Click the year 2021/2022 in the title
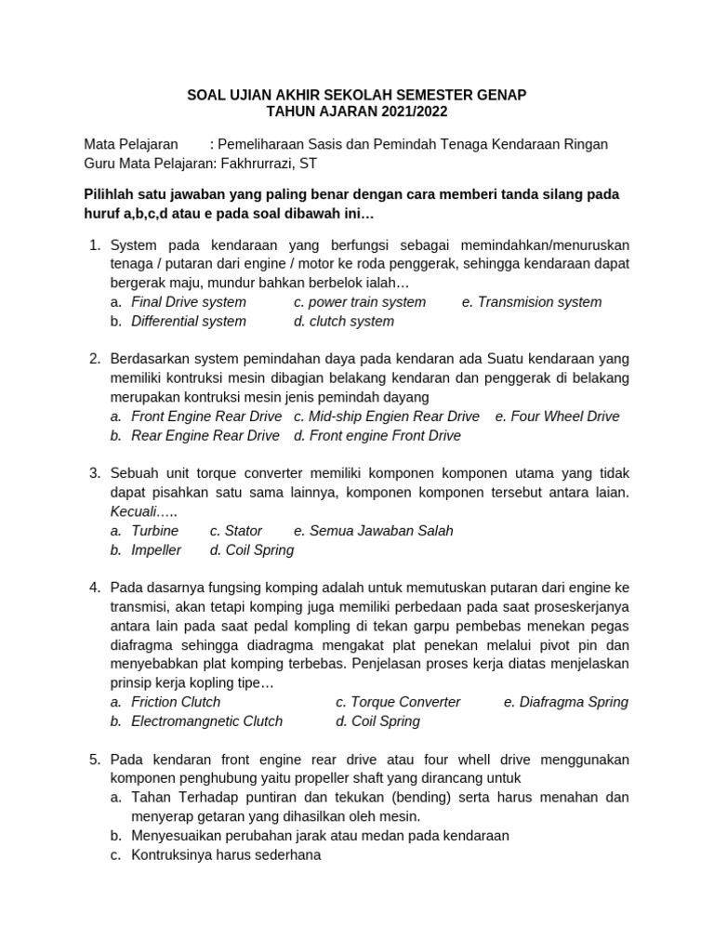pos(405,112)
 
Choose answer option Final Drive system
pos(189,302)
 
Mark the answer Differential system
pos(189,322)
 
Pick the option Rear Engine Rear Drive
pos(205,436)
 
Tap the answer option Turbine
pos(154,531)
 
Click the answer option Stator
pos(244,531)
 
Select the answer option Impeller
pos(156,550)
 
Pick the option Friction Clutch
pos(176,702)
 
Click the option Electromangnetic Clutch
pos(206,721)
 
